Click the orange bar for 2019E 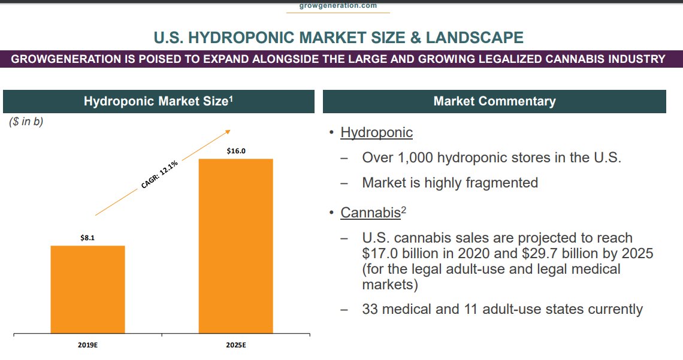coord(87,289)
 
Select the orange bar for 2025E coord(235,246)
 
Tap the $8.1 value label coord(87,238)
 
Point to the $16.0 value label coord(236,151)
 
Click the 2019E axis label coord(87,346)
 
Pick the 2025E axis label coord(235,346)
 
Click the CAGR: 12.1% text coord(160,175)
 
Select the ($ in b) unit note coord(26,122)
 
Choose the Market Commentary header coord(494,101)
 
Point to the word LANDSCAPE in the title coord(475,38)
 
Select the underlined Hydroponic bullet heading coord(376,132)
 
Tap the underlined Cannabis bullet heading coord(370,213)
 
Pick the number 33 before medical coord(371,309)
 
